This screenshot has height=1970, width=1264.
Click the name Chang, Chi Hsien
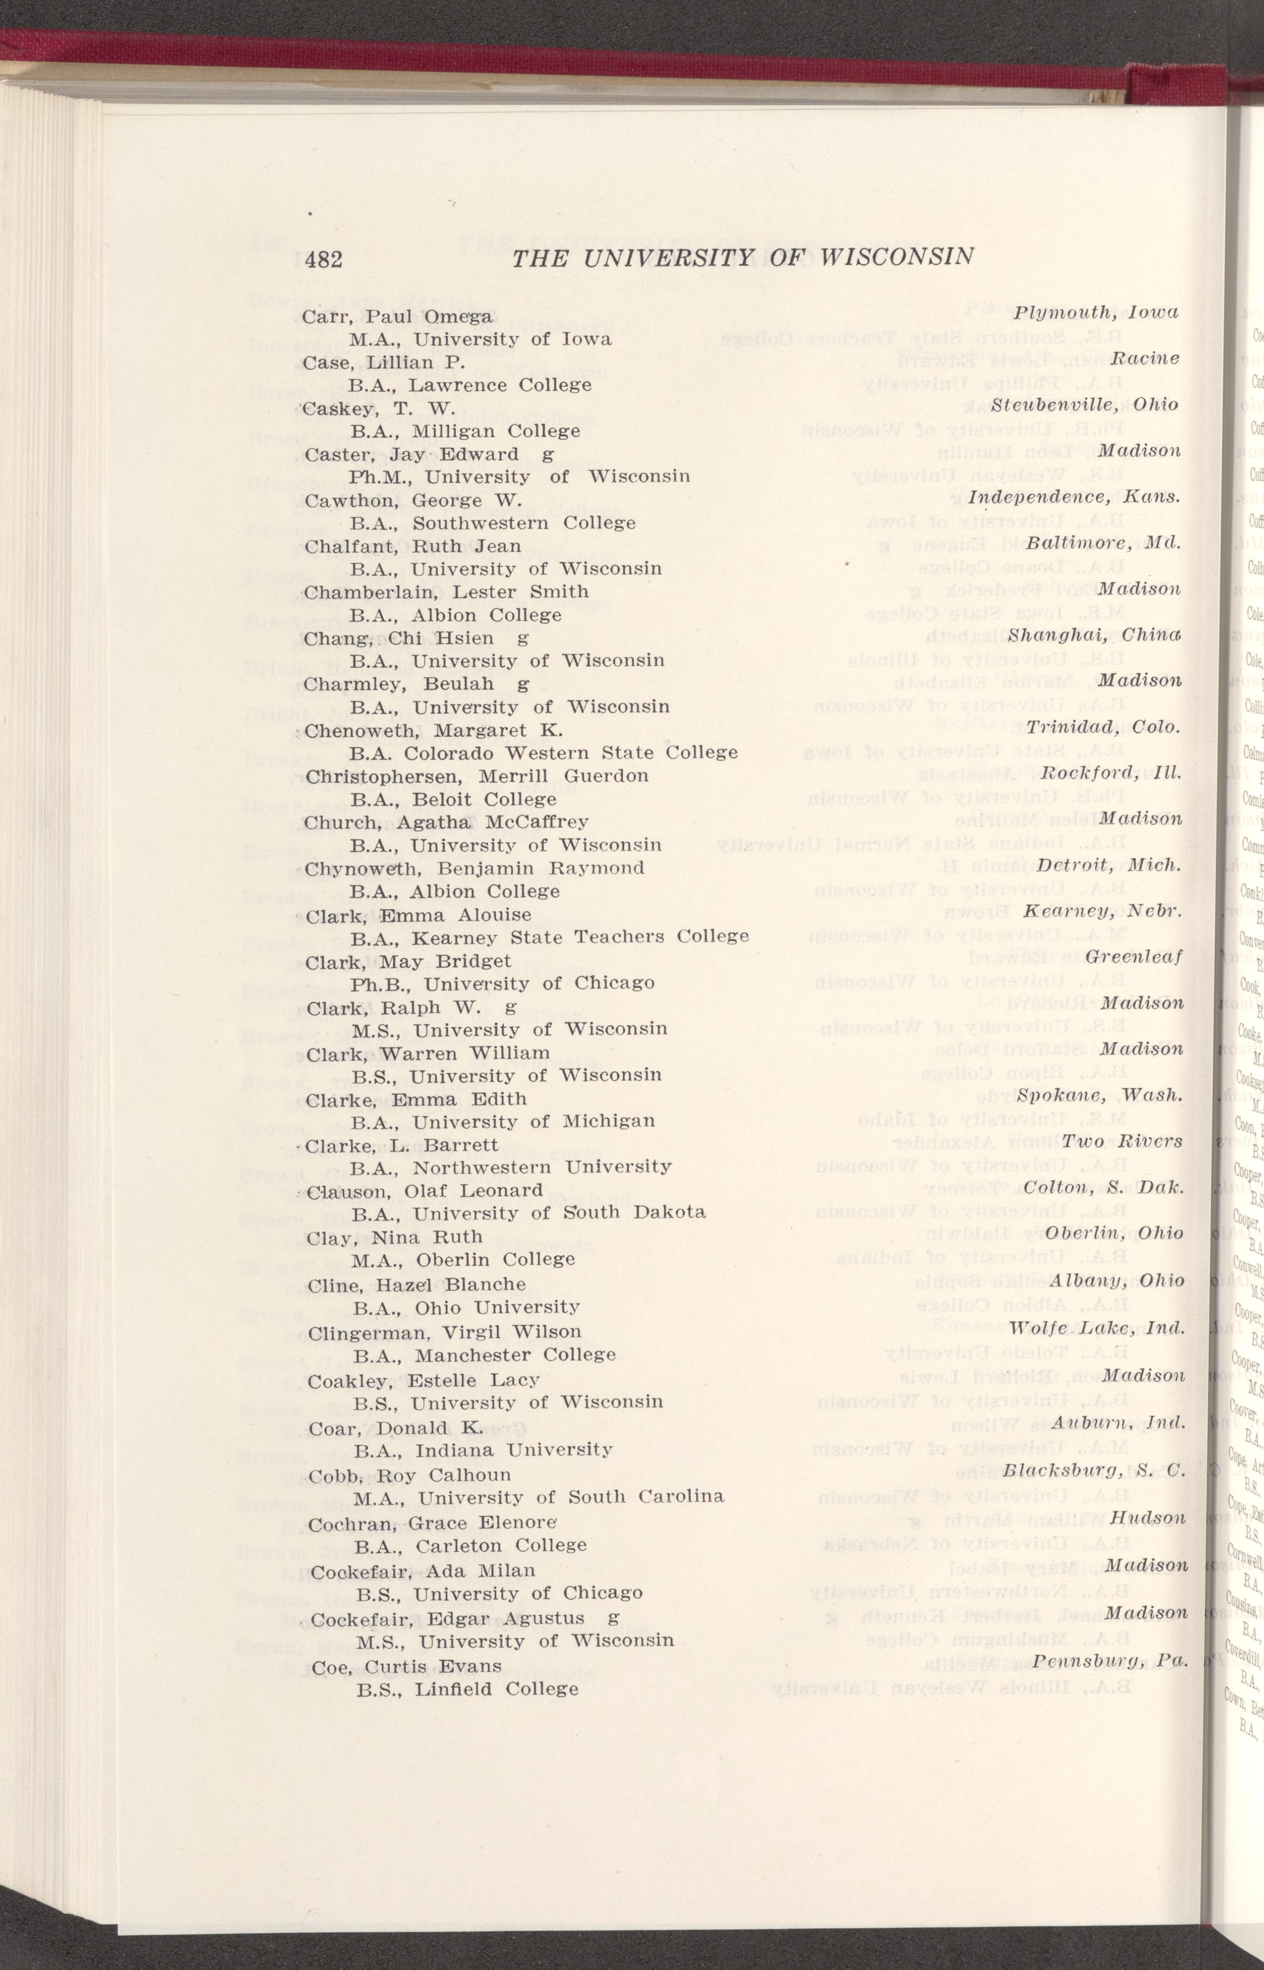click(x=399, y=638)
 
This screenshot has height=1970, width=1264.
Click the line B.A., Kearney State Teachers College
click(x=549, y=937)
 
